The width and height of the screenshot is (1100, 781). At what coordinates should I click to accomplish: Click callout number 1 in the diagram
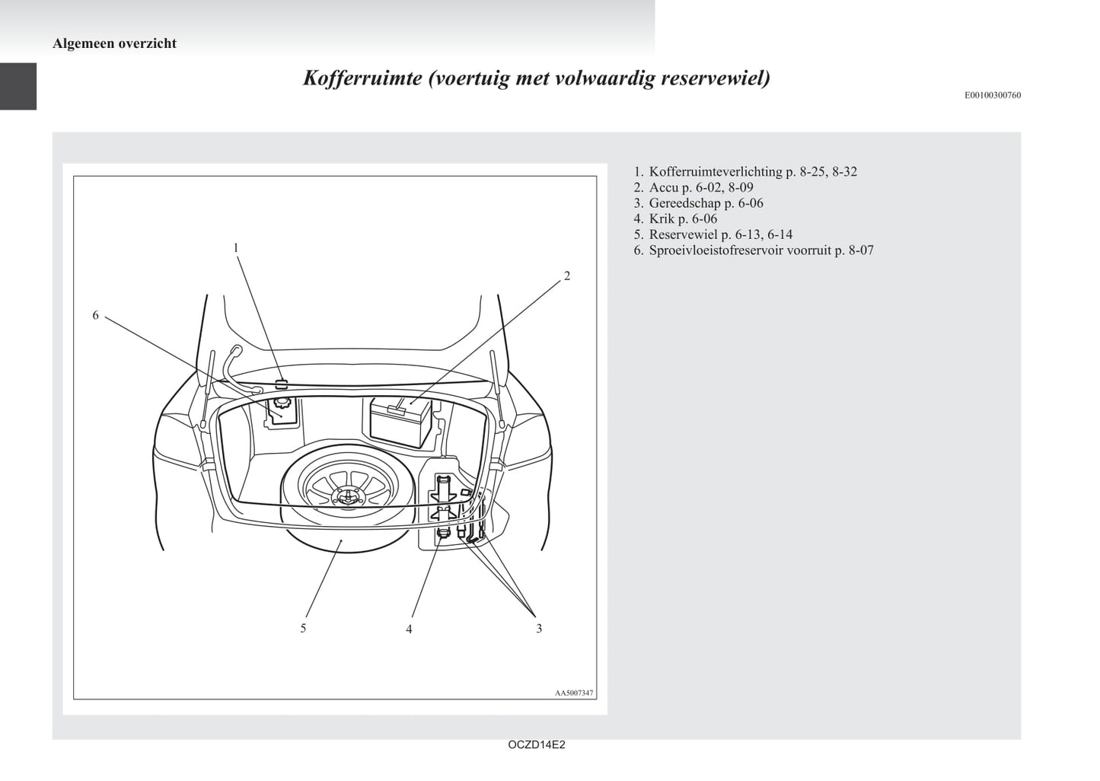click(x=236, y=248)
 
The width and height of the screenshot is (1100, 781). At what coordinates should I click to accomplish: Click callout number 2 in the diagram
click(x=567, y=276)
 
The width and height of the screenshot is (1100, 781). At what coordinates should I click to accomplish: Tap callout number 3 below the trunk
click(x=539, y=629)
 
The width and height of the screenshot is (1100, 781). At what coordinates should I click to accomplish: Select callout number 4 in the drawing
click(x=409, y=630)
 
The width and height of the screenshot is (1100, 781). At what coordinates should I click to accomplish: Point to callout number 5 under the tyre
click(x=303, y=628)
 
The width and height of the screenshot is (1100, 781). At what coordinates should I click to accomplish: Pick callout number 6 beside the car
click(x=96, y=315)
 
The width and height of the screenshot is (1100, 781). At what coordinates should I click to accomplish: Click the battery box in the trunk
click(x=400, y=422)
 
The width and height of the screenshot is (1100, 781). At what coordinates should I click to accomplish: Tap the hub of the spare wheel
click(x=347, y=496)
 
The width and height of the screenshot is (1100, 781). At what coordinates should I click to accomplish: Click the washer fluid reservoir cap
click(x=282, y=403)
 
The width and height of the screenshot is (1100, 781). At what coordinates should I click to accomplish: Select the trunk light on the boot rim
click(x=281, y=384)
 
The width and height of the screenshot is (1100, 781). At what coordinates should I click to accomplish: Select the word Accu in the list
click(x=664, y=187)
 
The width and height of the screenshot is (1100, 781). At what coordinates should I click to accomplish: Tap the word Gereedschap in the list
click(x=684, y=203)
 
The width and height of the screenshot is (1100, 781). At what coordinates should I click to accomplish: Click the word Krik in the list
click(x=662, y=218)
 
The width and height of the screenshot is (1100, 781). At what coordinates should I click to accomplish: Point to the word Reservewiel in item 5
click(x=683, y=234)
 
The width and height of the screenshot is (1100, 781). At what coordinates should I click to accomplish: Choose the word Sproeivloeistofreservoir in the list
click(x=716, y=250)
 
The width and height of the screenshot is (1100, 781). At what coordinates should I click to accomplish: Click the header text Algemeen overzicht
click(x=114, y=43)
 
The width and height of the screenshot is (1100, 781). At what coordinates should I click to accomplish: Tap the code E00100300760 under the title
click(x=993, y=95)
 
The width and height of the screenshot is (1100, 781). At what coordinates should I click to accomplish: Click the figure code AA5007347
click(x=574, y=693)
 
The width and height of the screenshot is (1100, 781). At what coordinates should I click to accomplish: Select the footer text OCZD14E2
click(x=536, y=744)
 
